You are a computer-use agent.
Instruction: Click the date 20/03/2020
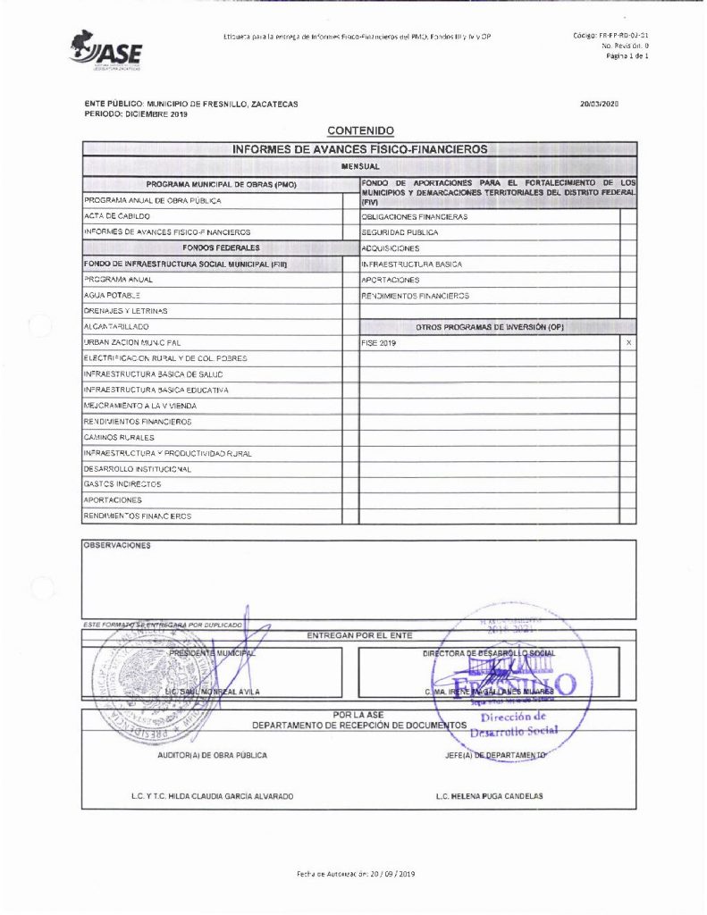[599, 105]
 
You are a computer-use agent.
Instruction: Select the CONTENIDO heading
[360, 131]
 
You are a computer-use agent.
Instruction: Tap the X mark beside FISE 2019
[629, 343]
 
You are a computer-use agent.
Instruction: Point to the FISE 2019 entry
[378, 343]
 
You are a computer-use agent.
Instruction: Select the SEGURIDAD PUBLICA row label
[400, 232]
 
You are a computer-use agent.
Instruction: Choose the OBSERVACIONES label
[117, 544]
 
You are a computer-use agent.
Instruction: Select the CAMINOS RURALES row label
[118, 438]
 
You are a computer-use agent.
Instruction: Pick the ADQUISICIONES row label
[390, 248]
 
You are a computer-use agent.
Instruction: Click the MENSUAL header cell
[360, 166]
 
